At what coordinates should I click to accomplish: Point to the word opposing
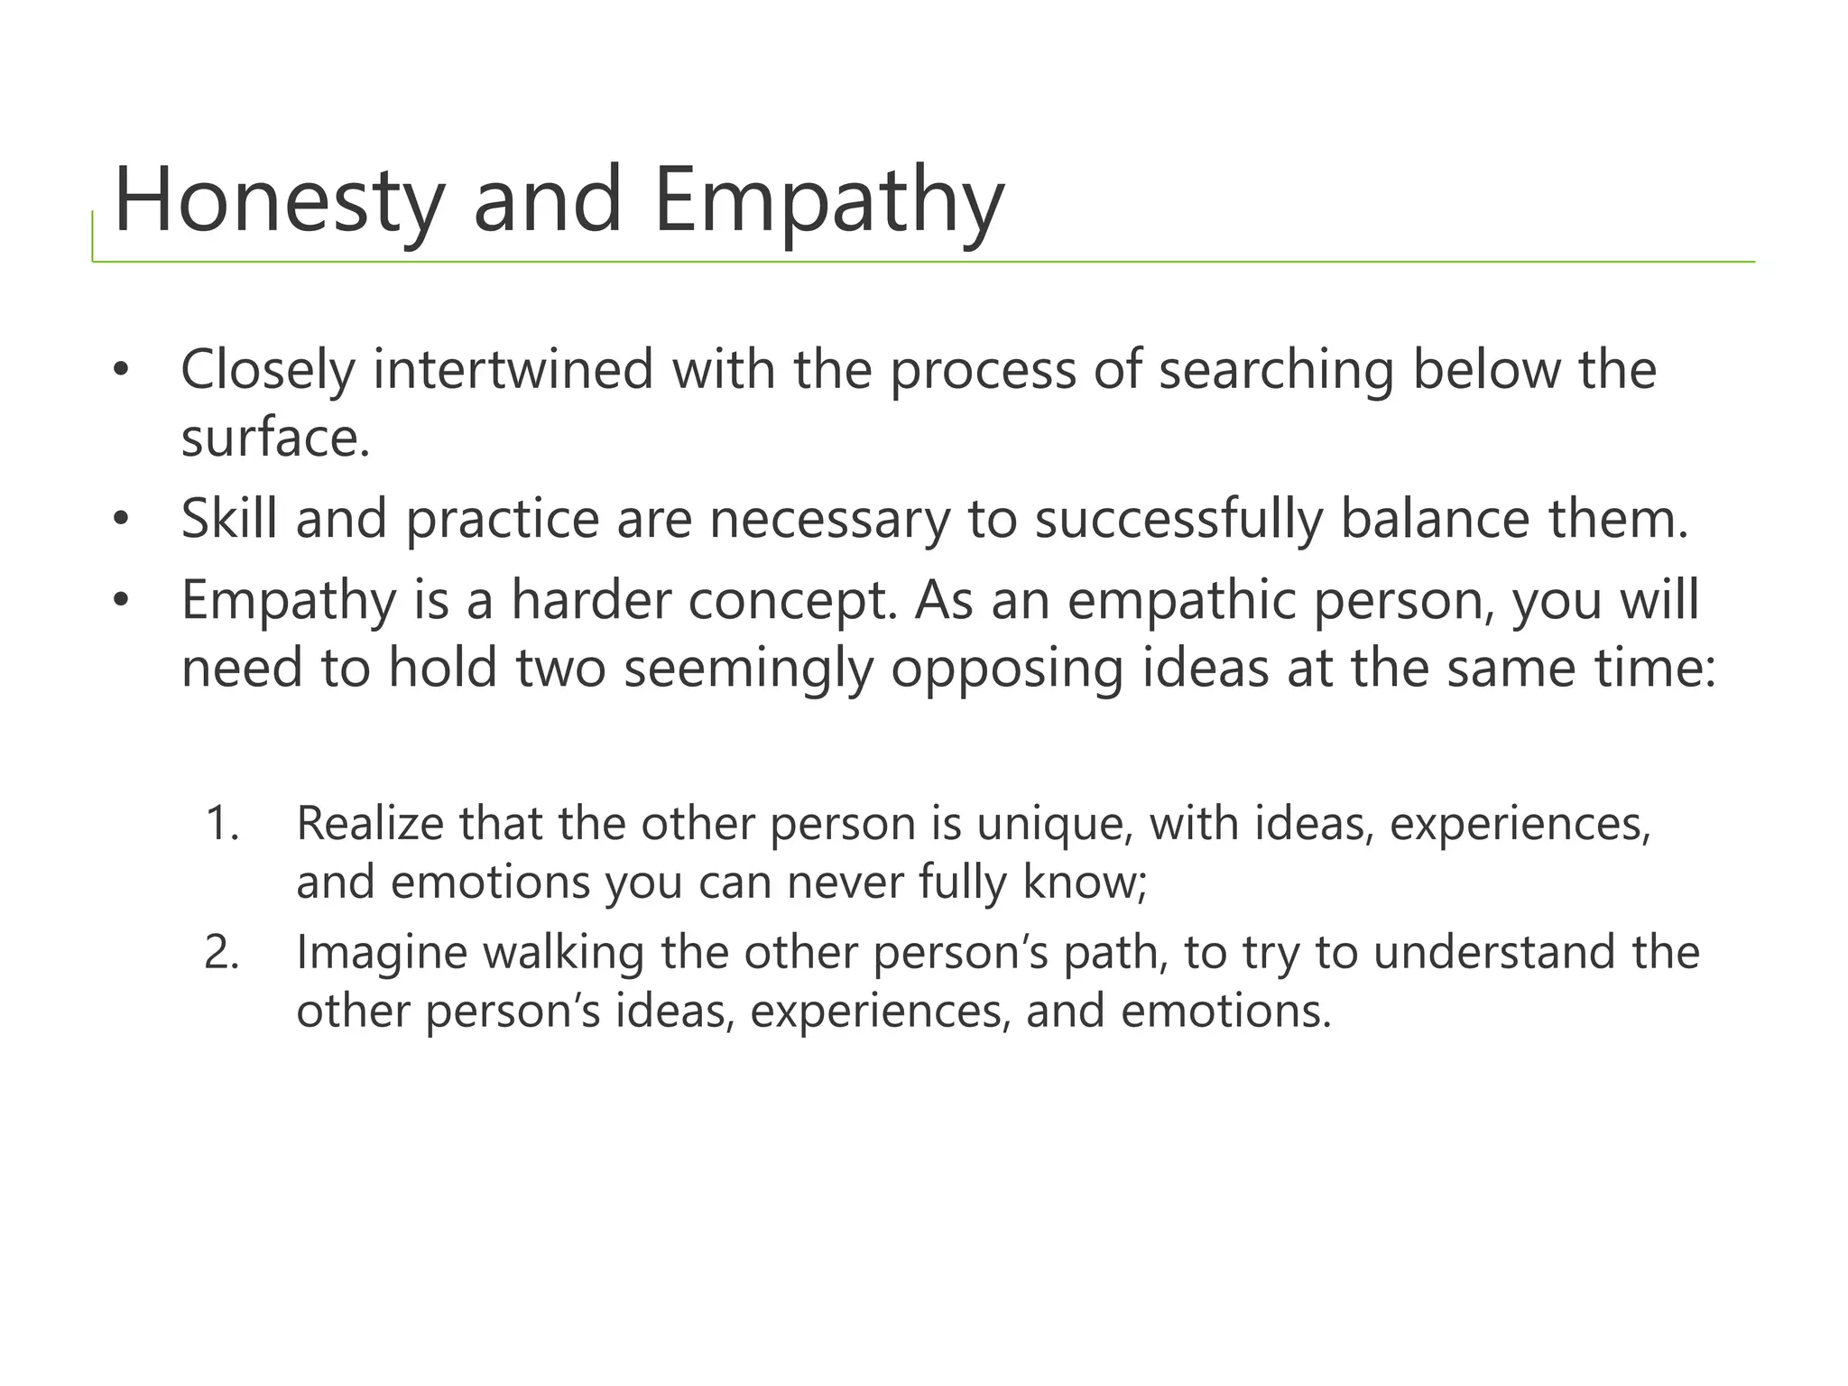(x=1007, y=669)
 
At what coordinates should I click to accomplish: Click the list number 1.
(x=222, y=824)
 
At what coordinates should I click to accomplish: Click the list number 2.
(x=222, y=953)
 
